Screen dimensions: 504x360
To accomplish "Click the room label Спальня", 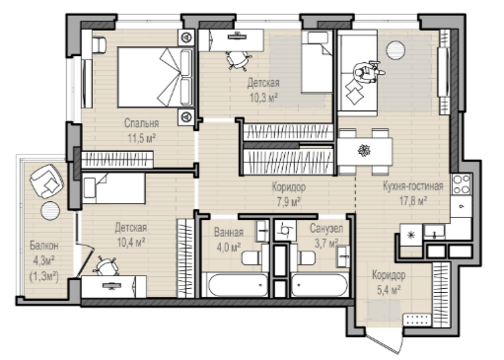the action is (141, 123).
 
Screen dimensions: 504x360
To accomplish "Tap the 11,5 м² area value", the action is (142, 138).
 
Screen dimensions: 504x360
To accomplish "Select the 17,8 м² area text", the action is (413, 200).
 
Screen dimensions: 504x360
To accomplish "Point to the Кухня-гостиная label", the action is (413, 186).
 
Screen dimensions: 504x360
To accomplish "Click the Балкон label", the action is (44, 246).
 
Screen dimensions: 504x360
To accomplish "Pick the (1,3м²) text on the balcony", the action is (44, 276).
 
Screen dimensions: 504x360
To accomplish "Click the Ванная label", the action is (229, 233).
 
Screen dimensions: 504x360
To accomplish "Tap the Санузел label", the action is (326, 229).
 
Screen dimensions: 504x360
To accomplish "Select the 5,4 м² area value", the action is (389, 290).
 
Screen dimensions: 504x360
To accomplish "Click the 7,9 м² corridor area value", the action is (289, 202).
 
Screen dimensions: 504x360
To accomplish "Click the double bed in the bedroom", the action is (156, 78).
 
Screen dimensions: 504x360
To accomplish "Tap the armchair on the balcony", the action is (46, 181).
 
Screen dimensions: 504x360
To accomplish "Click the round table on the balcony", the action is (50, 211).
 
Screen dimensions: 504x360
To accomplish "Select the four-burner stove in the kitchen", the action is (462, 184).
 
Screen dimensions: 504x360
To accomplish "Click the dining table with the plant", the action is (365, 152).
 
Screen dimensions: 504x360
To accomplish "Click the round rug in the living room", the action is (396, 50).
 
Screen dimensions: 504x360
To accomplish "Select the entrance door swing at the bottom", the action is (384, 342).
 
